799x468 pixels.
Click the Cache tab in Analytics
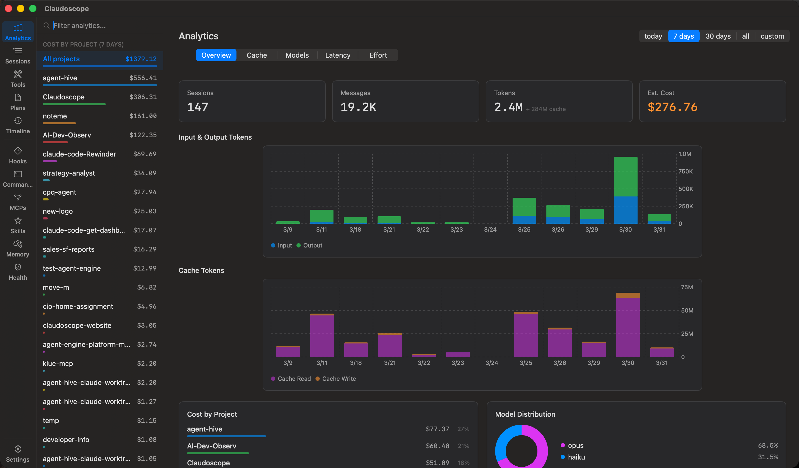click(257, 55)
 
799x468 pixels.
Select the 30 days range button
click(718, 36)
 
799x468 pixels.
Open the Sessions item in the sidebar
click(18, 56)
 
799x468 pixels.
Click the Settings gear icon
click(18, 449)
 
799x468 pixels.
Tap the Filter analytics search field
click(105, 26)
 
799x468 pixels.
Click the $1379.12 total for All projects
click(141, 59)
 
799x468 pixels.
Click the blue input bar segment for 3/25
click(524, 219)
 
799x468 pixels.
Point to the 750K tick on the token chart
click(685, 172)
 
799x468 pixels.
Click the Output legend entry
click(312, 246)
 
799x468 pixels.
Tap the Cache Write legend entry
click(339, 379)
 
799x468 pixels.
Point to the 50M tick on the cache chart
click(687, 311)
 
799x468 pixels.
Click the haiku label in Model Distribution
click(576, 457)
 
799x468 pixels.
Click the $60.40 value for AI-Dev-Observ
click(437, 446)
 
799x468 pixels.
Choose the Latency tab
click(338, 55)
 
